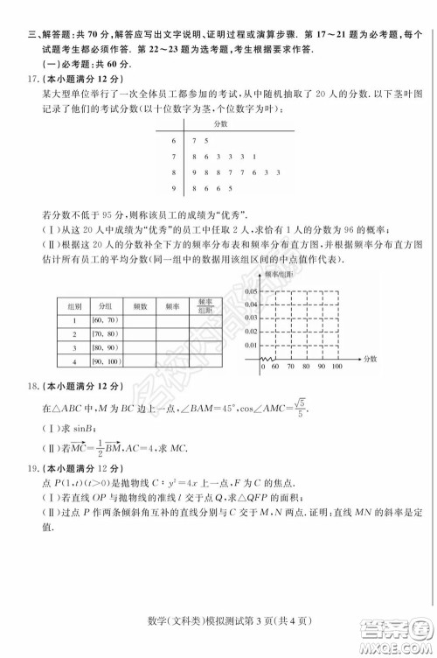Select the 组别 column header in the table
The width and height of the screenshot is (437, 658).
click(75, 306)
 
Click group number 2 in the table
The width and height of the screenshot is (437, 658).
click(75, 333)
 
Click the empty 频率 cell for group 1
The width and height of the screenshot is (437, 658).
click(172, 320)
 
